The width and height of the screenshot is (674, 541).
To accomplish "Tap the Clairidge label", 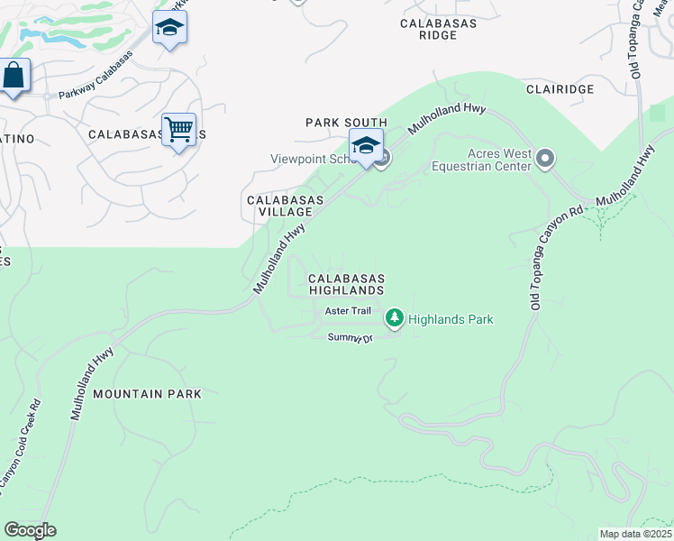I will coord(561,89).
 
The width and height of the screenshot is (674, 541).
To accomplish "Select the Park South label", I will coord(346,123).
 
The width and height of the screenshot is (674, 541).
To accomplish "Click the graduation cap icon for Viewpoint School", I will coord(366,145).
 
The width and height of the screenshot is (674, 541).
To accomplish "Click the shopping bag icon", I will coord(14,76).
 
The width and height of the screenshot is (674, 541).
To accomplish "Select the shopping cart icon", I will coord(179,130).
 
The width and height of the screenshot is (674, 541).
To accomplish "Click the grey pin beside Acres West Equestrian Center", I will coord(544,160).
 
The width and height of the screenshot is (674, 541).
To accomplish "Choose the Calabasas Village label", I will coord(279,206).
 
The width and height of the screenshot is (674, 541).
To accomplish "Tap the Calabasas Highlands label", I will coord(347,285).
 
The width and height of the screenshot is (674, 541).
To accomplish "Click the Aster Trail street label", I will coord(348,311).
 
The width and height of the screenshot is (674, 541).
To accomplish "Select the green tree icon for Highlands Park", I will coord(394,317).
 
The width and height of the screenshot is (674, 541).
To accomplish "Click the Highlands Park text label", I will coord(451,319).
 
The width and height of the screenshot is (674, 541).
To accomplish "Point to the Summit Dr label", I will coord(350,337).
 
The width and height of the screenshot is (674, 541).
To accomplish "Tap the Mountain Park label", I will coord(147,394).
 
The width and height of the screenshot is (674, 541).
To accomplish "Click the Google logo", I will coord(30,530).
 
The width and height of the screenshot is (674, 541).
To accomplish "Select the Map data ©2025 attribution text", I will coord(635,534).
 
